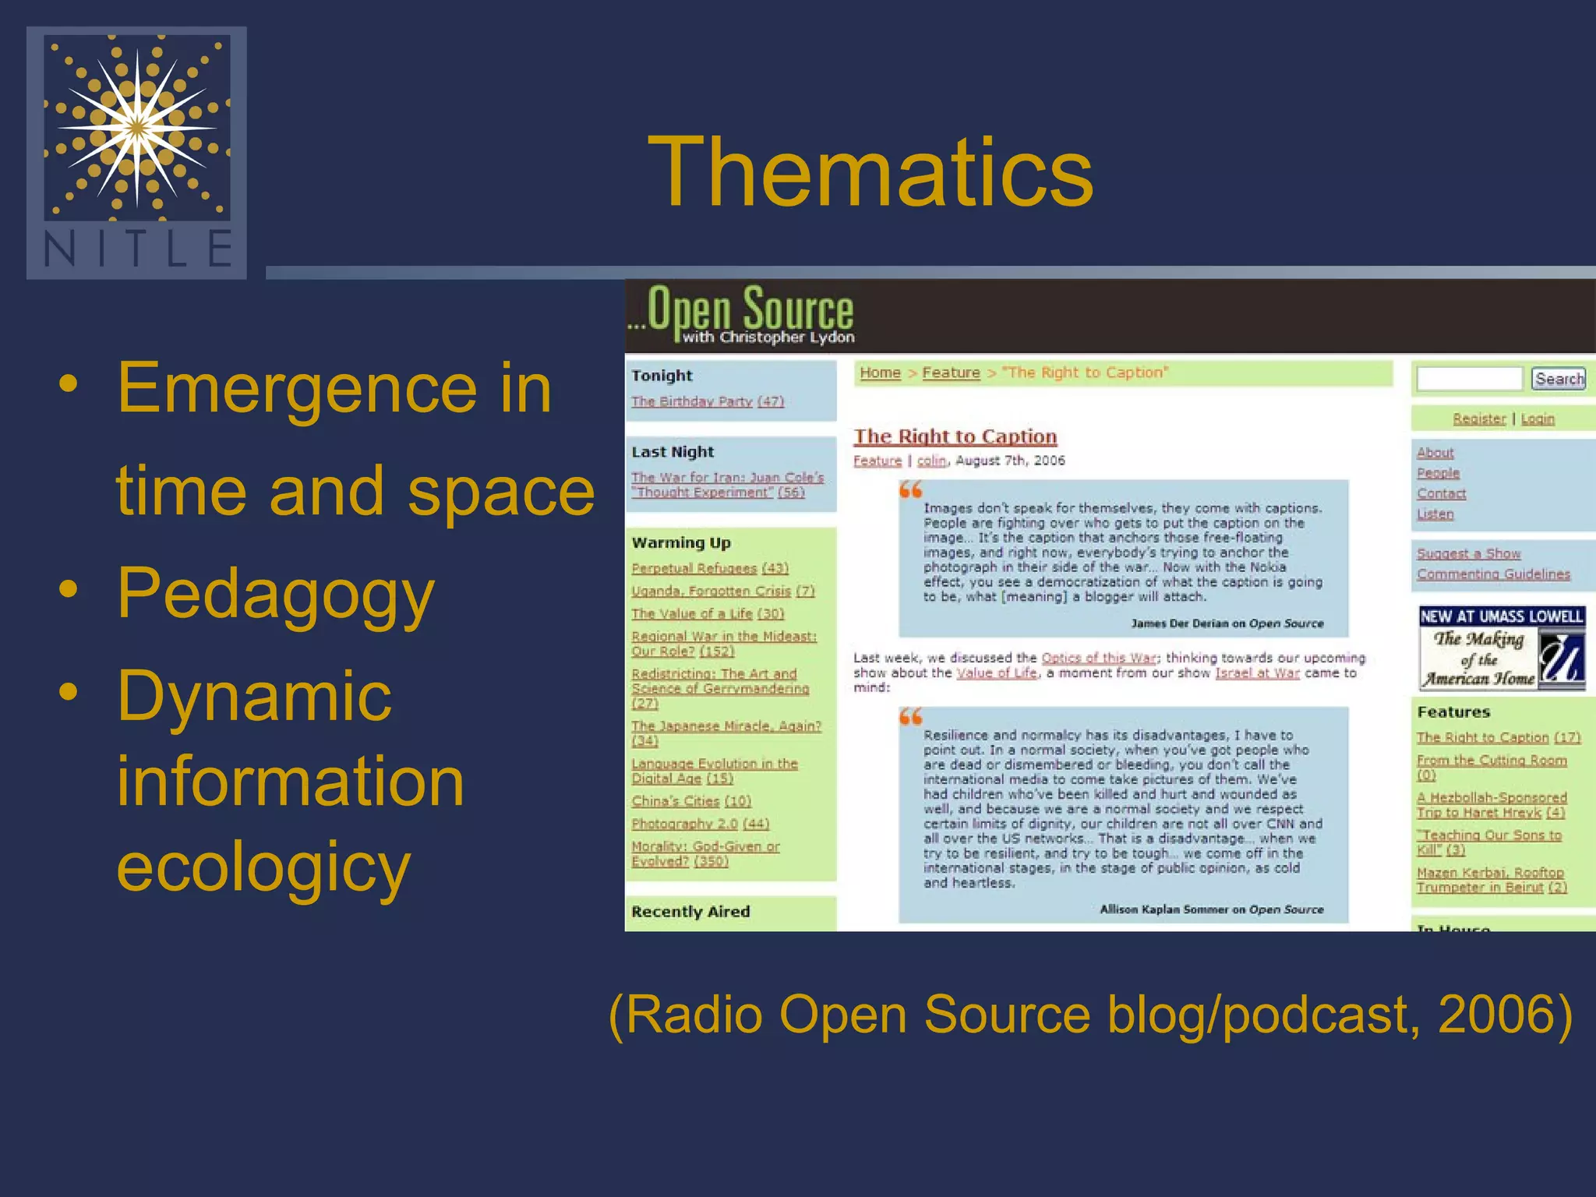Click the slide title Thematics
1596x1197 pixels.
pos(870,173)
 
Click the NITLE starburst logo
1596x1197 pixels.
pos(137,127)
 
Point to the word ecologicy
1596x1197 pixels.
pos(263,867)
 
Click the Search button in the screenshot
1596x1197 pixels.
pos(1559,379)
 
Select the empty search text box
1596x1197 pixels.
pos(1469,379)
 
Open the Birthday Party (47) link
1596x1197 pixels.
pos(707,401)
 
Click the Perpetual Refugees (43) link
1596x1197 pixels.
pos(710,568)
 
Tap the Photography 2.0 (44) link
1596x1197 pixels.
pos(700,824)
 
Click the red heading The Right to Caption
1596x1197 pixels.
pos(955,436)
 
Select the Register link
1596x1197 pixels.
pos(1479,419)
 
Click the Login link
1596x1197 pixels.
pos(1538,419)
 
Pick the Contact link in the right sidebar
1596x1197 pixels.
pos(1441,493)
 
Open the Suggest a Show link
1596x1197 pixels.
pos(1468,553)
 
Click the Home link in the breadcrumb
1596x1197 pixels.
pos(880,373)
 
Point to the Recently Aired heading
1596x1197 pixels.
pos(690,912)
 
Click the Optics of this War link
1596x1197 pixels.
pos(1099,658)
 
